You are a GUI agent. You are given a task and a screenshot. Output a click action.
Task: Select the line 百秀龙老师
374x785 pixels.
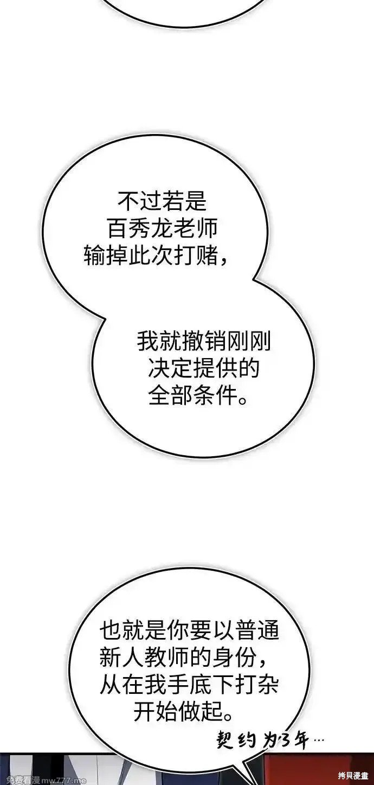click(162, 228)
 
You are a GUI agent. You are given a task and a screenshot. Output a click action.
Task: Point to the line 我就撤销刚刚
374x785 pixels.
click(203, 341)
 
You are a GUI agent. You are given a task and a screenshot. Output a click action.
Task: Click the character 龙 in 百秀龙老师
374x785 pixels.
click(162, 228)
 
